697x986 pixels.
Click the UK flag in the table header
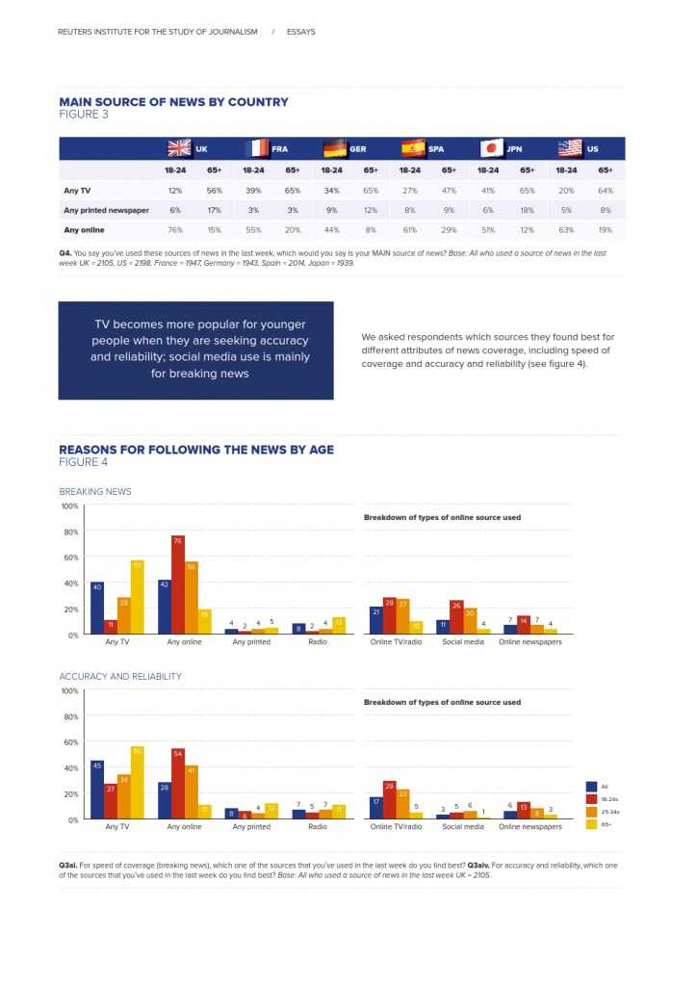coord(179,148)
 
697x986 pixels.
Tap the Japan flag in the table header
coord(491,148)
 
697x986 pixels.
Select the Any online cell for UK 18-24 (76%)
coord(175,229)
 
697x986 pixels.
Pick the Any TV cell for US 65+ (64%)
coord(605,191)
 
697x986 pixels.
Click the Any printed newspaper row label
coord(106,210)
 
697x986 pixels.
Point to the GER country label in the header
coord(357,149)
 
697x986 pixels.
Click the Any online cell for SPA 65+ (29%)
coord(448,229)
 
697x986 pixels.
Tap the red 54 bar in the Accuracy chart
coord(178,784)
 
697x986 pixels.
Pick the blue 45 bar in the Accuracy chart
coord(97,790)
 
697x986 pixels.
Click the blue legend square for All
coord(591,786)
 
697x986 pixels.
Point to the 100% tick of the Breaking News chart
coord(69,506)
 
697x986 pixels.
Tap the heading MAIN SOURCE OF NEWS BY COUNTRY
coord(173,102)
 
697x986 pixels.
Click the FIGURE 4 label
coord(84,462)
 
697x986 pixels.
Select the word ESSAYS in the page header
coord(300,32)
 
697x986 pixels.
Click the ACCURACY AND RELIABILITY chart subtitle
coord(120,677)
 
